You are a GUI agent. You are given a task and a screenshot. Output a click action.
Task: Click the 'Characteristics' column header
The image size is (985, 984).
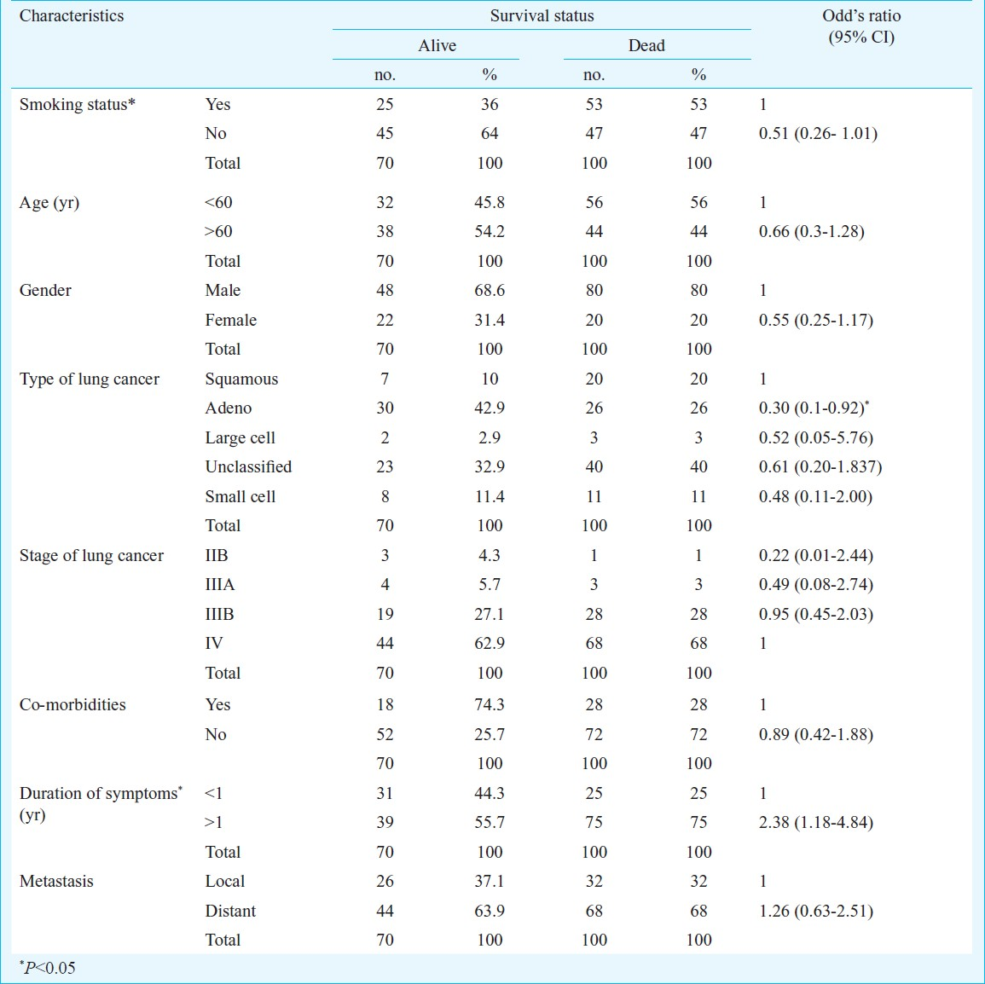coord(72,15)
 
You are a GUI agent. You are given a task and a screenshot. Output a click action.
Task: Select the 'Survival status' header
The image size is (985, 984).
coord(542,15)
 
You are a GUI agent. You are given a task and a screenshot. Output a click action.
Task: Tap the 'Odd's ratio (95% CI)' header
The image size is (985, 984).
coord(861,26)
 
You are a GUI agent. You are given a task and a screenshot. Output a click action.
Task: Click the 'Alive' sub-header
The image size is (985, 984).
coord(437,46)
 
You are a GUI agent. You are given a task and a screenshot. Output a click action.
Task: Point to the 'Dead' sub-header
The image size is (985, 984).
coord(646,46)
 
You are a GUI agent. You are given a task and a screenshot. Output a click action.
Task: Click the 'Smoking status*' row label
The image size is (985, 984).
coord(78,104)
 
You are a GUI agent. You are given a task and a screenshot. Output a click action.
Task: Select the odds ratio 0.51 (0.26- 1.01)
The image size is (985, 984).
coord(818,133)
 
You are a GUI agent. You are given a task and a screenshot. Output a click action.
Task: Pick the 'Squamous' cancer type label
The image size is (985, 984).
coord(241,379)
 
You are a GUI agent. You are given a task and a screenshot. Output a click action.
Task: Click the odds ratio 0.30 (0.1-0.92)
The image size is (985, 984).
coord(814,408)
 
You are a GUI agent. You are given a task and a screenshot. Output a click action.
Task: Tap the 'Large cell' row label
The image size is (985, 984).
coord(240,437)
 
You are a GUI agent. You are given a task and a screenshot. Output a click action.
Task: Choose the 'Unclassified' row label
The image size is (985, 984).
coord(248,466)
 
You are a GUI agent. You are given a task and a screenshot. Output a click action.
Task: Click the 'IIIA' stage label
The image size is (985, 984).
coord(220,585)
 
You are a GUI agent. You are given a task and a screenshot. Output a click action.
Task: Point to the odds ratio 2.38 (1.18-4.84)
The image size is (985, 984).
coord(816,823)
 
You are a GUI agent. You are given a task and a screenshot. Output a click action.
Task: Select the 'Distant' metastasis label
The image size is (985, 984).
coord(230,912)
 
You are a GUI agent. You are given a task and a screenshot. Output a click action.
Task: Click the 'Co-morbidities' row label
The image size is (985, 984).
coord(72,704)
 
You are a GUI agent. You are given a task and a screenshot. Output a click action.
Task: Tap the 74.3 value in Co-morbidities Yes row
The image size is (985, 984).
coord(490,704)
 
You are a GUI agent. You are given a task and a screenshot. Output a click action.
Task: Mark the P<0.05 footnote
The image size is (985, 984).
coord(47,968)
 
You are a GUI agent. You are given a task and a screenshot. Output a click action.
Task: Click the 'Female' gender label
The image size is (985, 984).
coord(230,321)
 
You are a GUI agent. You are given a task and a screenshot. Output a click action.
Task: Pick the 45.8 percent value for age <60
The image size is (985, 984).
coord(490,202)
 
